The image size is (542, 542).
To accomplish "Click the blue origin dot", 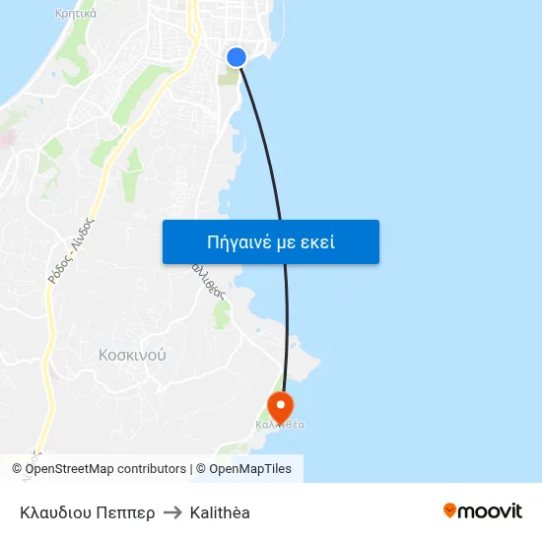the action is click(x=237, y=57).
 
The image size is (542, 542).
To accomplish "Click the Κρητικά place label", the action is click(x=76, y=14).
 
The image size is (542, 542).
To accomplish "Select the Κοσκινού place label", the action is click(x=133, y=354).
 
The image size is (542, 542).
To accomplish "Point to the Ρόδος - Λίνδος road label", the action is click(x=70, y=250).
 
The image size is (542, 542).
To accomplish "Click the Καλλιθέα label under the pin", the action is click(x=280, y=425).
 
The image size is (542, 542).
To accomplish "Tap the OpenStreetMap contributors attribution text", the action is click(x=105, y=469).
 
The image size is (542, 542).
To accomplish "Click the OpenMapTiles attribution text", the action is click(x=250, y=469).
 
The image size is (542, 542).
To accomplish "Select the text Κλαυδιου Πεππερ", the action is click(x=87, y=512).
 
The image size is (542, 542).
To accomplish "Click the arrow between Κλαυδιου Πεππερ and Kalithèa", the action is click(x=172, y=512).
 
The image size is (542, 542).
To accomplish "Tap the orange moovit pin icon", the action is click(x=450, y=510).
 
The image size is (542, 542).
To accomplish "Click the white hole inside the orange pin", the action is click(x=281, y=404).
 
